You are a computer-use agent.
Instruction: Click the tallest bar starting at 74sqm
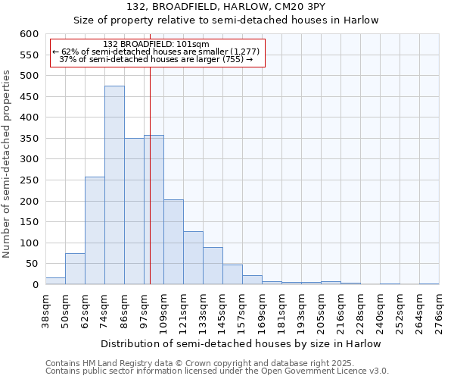click(x=114, y=186)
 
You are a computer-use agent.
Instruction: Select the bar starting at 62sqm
click(x=95, y=230)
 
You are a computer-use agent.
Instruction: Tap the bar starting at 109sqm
click(x=173, y=242)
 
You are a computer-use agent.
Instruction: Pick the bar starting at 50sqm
click(x=75, y=269)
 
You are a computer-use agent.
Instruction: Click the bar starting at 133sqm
click(x=213, y=266)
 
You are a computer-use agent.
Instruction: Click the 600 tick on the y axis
click(x=29, y=34)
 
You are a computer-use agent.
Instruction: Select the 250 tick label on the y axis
click(x=29, y=180)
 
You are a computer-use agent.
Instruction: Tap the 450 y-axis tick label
click(x=29, y=97)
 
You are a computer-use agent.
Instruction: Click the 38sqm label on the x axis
click(x=46, y=310)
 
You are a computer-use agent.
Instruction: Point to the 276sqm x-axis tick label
click(x=440, y=310)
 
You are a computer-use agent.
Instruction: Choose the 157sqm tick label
click(x=243, y=310)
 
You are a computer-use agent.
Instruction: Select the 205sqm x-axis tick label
click(x=322, y=310)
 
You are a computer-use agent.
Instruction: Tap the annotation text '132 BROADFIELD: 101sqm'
click(x=156, y=45)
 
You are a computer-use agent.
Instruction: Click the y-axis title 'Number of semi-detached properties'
click(x=7, y=164)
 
